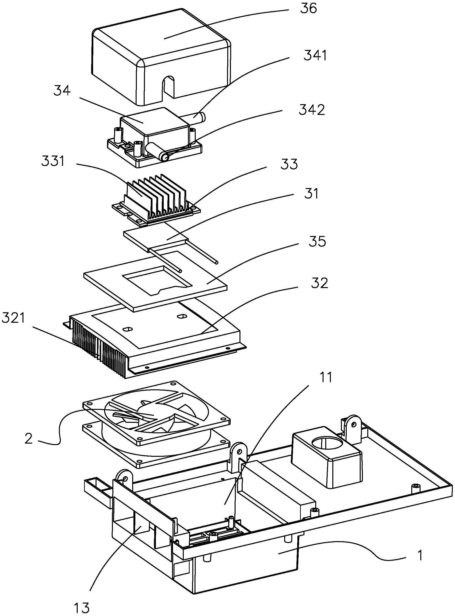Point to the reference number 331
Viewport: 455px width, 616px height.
pyautogui.click(x=53, y=161)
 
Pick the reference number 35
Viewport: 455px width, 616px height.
pyautogui.click(x=318, y=241)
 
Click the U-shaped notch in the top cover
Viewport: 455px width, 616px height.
pyautogui.click(x=169, y=88)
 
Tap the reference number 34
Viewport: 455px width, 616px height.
pyautogui.click(x=62, y=91)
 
